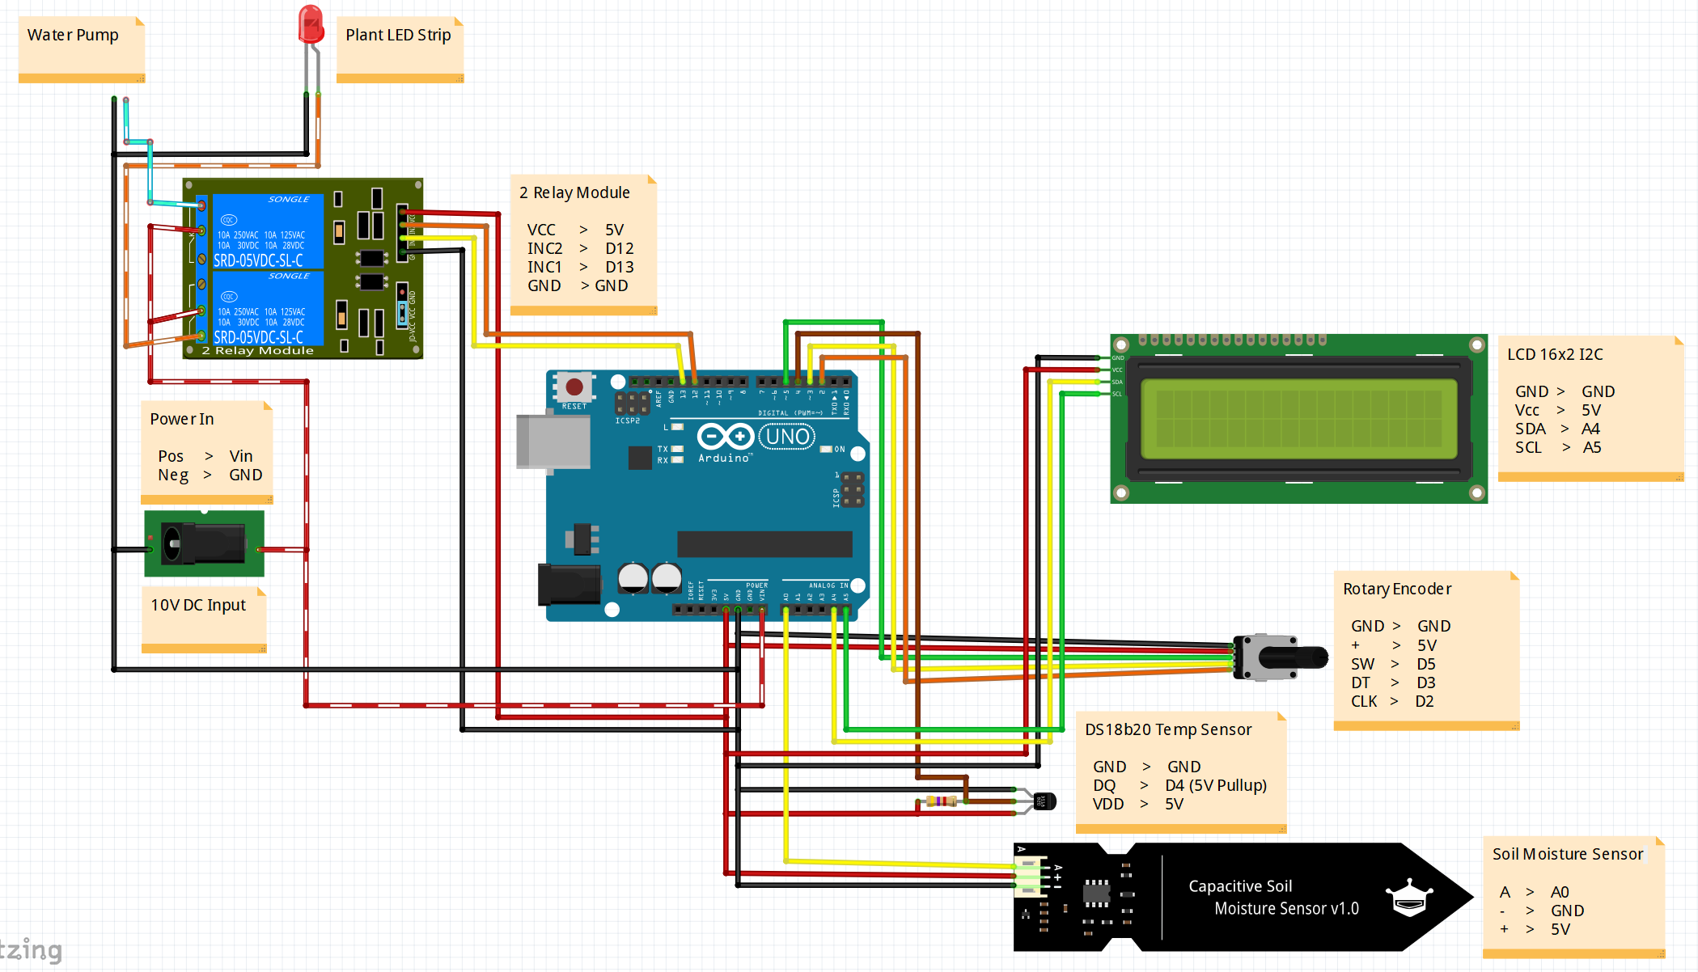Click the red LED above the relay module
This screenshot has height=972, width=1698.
pyautogui.click(x=311, y=25)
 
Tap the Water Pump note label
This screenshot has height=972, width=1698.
pyautogui.click(x=73, y=35)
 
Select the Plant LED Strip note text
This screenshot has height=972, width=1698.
pyautogui.click(x=398, y=35)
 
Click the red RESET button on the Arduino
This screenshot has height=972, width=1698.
pyautogui.click(x=574, y=387)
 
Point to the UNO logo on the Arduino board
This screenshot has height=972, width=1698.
pyautogui.click(x=787, y=437)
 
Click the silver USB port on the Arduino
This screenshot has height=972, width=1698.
pyautogui.click(x=553, y=442)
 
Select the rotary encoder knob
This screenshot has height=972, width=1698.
pyautogui.click(x=1292, y=657)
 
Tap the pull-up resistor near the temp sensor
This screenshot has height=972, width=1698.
pyautogui.click(x=942, y=801)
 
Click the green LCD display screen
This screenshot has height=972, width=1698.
pyautogui.click(x=1298, y=419)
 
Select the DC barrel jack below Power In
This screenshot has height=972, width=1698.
pyautogui.click(x=204, y=543)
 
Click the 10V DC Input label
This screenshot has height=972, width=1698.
pyautogui.click(x=198, y=605)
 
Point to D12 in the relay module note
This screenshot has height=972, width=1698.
pyautogui.click(x=619, y=248)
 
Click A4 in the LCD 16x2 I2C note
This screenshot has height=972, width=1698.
pyautogui.click(x=1590, y=429)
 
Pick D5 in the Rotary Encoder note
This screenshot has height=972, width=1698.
pyautogui.click(x=1425, y=664)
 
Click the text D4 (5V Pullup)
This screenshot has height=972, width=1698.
pyautogui.click(x=1215, y=785)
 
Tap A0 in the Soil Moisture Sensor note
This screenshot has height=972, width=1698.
pyautogui.click(x=1559, y=892)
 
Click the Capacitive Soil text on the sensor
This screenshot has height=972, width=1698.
pyautogui.click(x=1240, y=886)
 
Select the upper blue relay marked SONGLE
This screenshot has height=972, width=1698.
pyautogui.click(x=267, y=231)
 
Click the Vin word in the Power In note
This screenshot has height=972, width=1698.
pyautogui.click(x=241, y=456)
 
